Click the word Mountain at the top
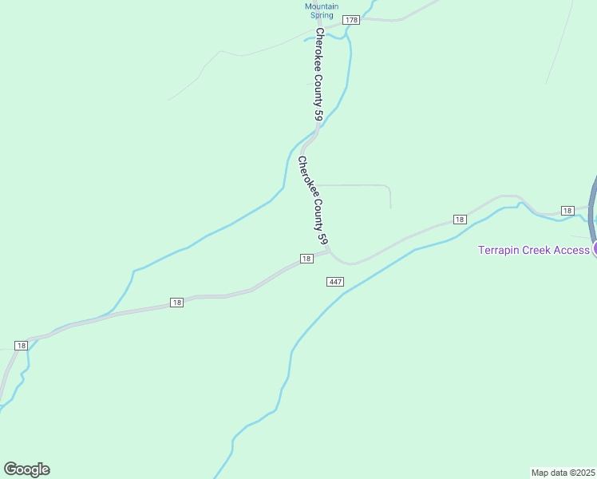pyautogui.click(x=322, y=6)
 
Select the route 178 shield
pyautogui.click(x=351, y=19)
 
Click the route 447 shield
pyautogui.click(x=334, y=282)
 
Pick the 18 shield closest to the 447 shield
pyautogui.click(x=306, y=259)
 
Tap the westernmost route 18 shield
pyautogui.click(x=21, y=346)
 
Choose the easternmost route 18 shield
pyautogui.click(x=567, y=210)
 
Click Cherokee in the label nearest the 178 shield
pyautogui.click(x=318, y=53)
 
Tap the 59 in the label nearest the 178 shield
pyautogui.click(x=319, y=117)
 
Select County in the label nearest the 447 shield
pyautogui.click(x=315, y=211)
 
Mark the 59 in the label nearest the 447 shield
pyautogui.click(x=323, y=237)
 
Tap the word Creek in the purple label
pyautogui.click(x=542, y=250)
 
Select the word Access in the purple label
pyautogui.click(x=574, y=250)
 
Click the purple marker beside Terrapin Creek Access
pyautogui.click(x=595, y=250)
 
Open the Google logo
pyautogui.click(x=26, y=469)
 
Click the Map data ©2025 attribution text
pyautogui.click(x=563, y=473)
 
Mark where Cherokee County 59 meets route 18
pyautogui.click(x=329, y=252)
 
